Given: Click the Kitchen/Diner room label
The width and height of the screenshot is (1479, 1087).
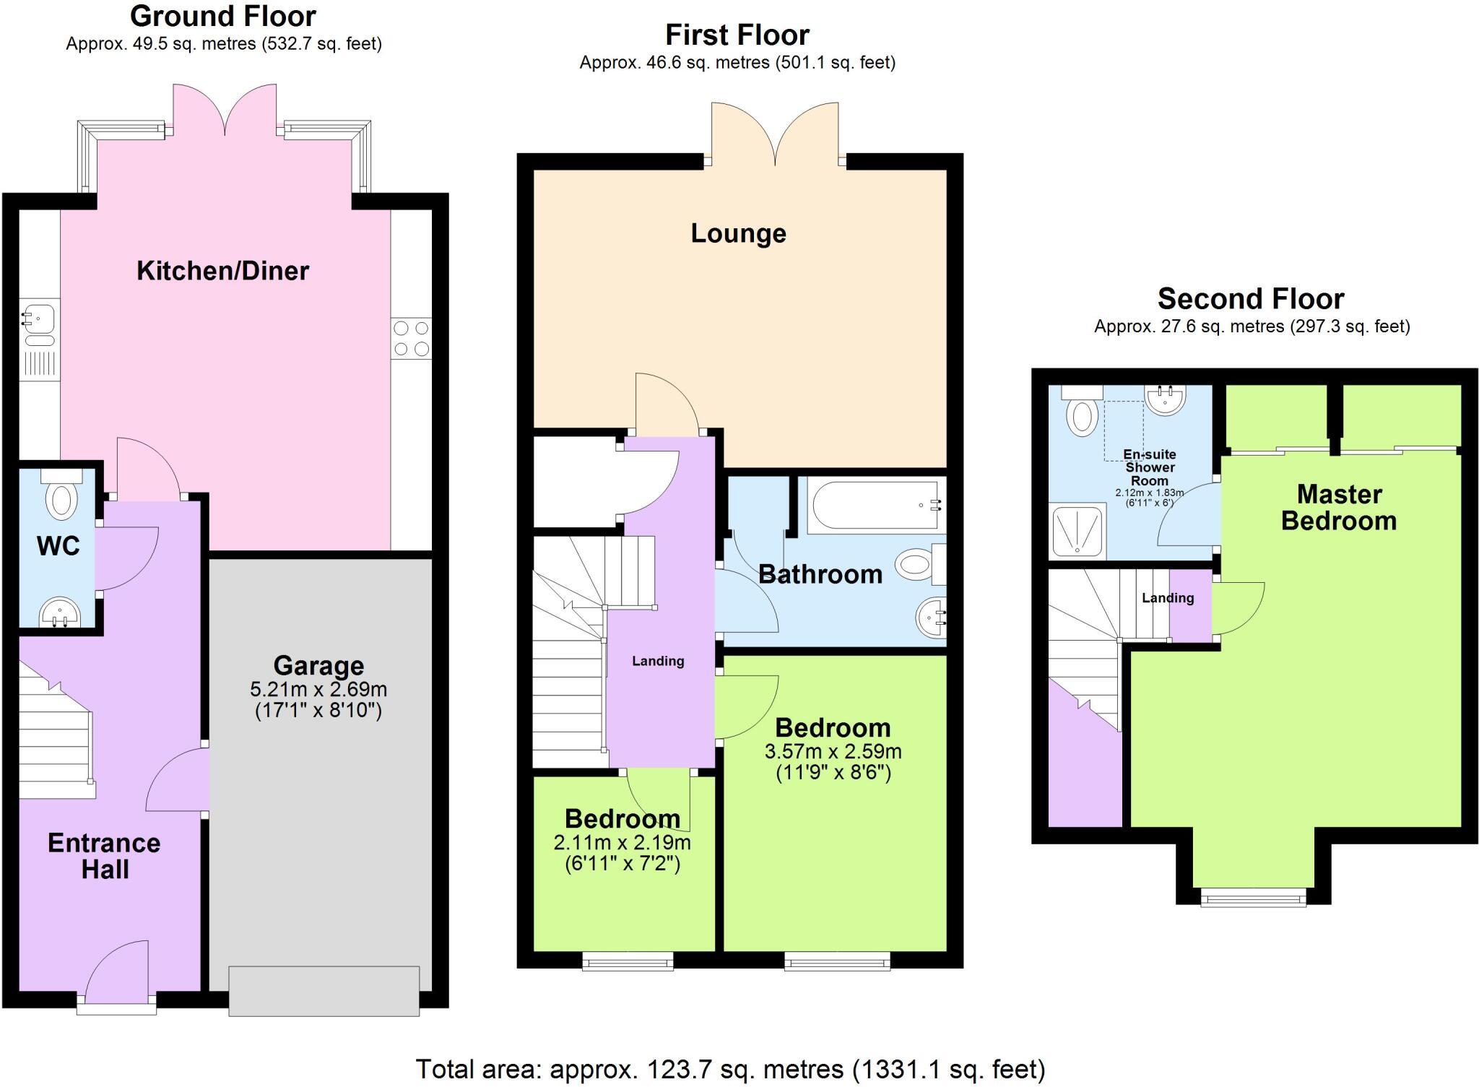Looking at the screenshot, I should click(222, 271).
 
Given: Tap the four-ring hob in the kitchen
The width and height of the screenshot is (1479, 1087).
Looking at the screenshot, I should click(411, 339).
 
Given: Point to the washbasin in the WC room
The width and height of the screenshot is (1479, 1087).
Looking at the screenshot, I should click(60, 613).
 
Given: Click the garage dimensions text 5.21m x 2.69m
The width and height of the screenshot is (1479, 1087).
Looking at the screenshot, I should click(318, 688).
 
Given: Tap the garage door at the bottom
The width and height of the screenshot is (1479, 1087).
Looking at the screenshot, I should click(324, 991).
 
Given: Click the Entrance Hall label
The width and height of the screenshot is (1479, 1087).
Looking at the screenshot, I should click(104, 856).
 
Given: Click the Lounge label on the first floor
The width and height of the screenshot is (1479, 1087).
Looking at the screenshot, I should click(738, 233).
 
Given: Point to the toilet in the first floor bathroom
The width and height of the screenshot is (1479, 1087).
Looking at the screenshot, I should click(919, 564).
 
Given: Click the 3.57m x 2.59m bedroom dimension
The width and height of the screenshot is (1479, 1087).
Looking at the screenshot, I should click(833, 751).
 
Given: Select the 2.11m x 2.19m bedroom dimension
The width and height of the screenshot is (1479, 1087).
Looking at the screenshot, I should click(622, 842).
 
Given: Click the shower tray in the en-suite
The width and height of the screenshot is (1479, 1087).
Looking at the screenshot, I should click(1078, 531).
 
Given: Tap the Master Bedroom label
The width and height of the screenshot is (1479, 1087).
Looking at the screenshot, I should click(1339, 507).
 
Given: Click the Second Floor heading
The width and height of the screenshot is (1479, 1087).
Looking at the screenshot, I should click(1251, 298).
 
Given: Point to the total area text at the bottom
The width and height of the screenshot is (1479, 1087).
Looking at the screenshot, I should click(730, 1068).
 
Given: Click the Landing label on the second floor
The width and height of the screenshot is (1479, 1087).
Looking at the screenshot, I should click(1167, 598).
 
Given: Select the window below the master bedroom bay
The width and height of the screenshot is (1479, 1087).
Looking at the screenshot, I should click(1253, 898).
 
